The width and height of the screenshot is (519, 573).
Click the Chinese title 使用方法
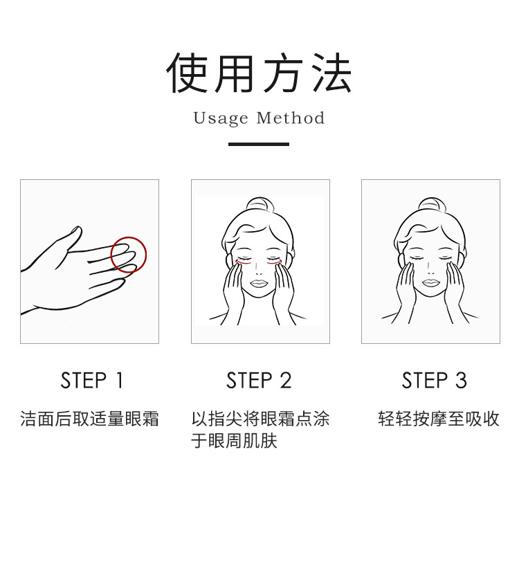tap(259, 73)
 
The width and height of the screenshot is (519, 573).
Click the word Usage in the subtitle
tap(220, 119)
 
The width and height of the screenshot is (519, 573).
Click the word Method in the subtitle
tap(291, 118)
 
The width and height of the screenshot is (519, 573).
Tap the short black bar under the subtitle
tap(259, 145)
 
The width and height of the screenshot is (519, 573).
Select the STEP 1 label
tap(91, 381)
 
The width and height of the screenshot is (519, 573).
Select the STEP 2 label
tap(259, 381)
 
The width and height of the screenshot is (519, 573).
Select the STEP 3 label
tap(434, 381)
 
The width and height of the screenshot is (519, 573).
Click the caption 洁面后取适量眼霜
tap(89, 419)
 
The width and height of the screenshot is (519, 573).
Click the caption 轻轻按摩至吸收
tap(439, 419)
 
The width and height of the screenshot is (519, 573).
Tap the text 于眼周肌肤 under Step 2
tap(235, 441)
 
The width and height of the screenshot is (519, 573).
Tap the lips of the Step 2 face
tap(258, 283)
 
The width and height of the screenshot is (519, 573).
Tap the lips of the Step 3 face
tap(431, 283)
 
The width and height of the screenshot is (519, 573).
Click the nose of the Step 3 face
tap(431, 272)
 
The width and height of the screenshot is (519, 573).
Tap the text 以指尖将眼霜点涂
tap(261, 419)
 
